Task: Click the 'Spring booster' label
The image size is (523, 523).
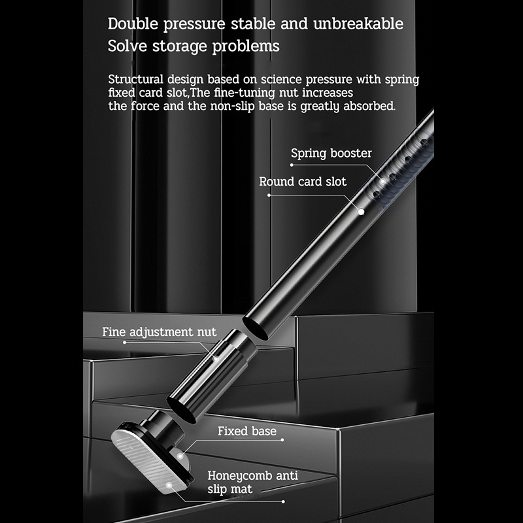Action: tap(331, 154)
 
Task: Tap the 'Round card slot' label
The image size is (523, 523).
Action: tap(303, 182)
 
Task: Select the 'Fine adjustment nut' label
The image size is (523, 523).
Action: tap(159, 332)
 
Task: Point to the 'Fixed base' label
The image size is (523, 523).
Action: tap(246, 431)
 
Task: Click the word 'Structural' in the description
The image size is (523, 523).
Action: tap(136, 80)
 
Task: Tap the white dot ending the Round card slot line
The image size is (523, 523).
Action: tap(360, 211)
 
